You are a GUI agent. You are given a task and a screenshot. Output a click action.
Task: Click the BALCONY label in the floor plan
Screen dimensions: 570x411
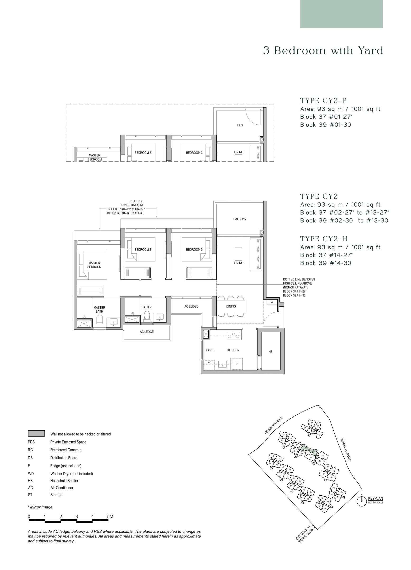click(240, 219)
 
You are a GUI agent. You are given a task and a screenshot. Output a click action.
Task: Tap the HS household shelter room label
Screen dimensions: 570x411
click(270, 352)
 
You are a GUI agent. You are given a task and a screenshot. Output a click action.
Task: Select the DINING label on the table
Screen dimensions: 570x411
click(231, 306)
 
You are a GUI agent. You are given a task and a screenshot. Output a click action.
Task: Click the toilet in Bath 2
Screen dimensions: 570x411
click(147, 316)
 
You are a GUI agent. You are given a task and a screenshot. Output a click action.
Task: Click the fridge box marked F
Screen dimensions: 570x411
click(237, 364)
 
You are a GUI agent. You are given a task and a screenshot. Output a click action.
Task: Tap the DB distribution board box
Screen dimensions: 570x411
click(272, 302)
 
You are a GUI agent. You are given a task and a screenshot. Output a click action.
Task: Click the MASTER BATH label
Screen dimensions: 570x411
click(99, 309)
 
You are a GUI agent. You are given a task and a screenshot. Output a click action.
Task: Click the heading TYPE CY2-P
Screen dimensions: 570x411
click(323, 101)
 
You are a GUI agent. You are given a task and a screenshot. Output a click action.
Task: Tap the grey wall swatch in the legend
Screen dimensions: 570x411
click(36, 433)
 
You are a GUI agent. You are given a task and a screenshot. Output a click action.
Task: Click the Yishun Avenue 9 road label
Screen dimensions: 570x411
click(273, 425)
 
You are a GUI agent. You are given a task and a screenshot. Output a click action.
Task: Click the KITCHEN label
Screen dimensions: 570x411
click(233, 350)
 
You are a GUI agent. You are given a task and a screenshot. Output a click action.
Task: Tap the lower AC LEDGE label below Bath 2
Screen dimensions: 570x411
click(147, 332)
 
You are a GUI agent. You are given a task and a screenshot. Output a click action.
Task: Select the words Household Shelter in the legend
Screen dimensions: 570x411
click(64, 481)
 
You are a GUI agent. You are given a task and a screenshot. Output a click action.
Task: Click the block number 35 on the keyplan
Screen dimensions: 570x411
click(309, 435)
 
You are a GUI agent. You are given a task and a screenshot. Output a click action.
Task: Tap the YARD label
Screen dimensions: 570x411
click(209, 350)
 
